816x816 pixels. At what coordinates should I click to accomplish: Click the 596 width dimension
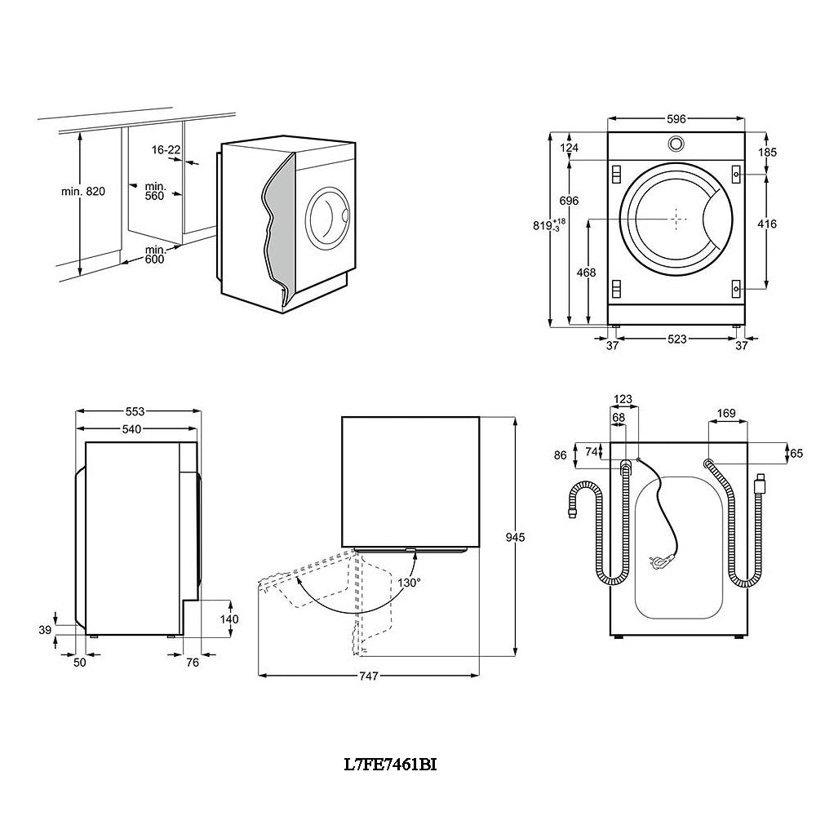[x=676, y=119]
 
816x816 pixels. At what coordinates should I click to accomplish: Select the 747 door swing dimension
[x=368, y=676]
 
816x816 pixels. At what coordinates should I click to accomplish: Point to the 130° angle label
[x=410, y=583]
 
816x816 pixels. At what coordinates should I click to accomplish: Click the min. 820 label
[x=83, y=192]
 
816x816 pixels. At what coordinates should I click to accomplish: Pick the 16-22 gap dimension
[x=166, y=149]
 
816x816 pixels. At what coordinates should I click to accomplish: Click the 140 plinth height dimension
[x=229, y=619]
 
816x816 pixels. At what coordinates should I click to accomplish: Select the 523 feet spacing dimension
[x=676, y=339]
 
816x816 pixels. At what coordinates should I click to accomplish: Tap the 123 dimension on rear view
[x=623, y=400]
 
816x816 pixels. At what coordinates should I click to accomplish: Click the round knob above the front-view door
[x=676, y=143]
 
